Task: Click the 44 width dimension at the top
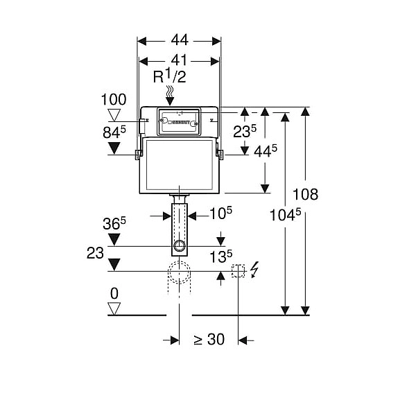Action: pos(180,40)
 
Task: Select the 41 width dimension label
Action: pos(179,60)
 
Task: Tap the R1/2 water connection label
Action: pos(170,77)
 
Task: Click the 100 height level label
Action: pos(114,100)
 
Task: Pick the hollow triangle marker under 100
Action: pos(114,114)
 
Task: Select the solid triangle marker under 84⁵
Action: pos(114,148)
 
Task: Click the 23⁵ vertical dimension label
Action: pos(245,131)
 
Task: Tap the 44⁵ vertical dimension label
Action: pos(266,151)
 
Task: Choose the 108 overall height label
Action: pos(305,194)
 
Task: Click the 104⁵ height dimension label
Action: pos(285,214)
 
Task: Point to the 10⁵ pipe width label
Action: pos(220,213)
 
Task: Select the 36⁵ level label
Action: pos(114,223)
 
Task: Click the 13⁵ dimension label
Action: pos(220,257)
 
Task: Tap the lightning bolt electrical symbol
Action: pos(254,270)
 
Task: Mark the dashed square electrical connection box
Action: pos(238,271)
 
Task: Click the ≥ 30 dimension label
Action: pos(209,339)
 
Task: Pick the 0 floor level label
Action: pos(114,293)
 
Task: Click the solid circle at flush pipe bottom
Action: pos(180,245)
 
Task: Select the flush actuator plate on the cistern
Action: pos(179,121)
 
